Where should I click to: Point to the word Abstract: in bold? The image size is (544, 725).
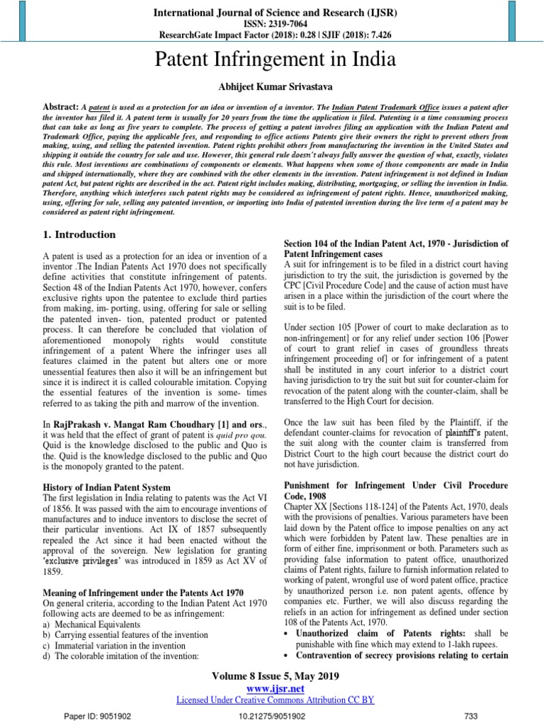point(57,104)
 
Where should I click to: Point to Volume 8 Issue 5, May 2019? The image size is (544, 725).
point(272,676)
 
